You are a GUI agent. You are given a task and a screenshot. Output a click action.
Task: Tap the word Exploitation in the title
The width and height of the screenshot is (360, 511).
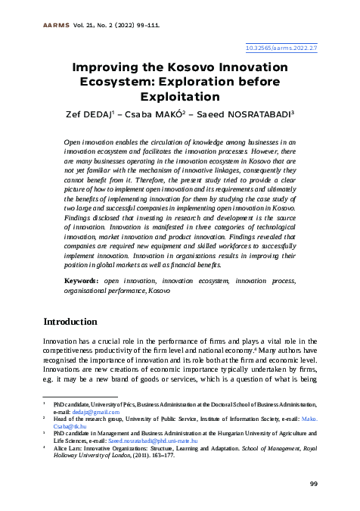coord(180,96)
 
